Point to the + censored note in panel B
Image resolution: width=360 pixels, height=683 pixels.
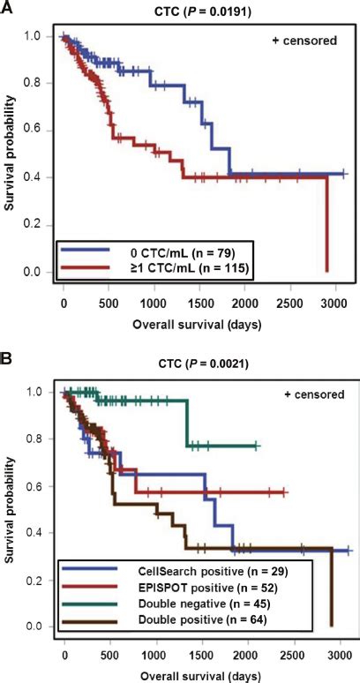tap(298, 394)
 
